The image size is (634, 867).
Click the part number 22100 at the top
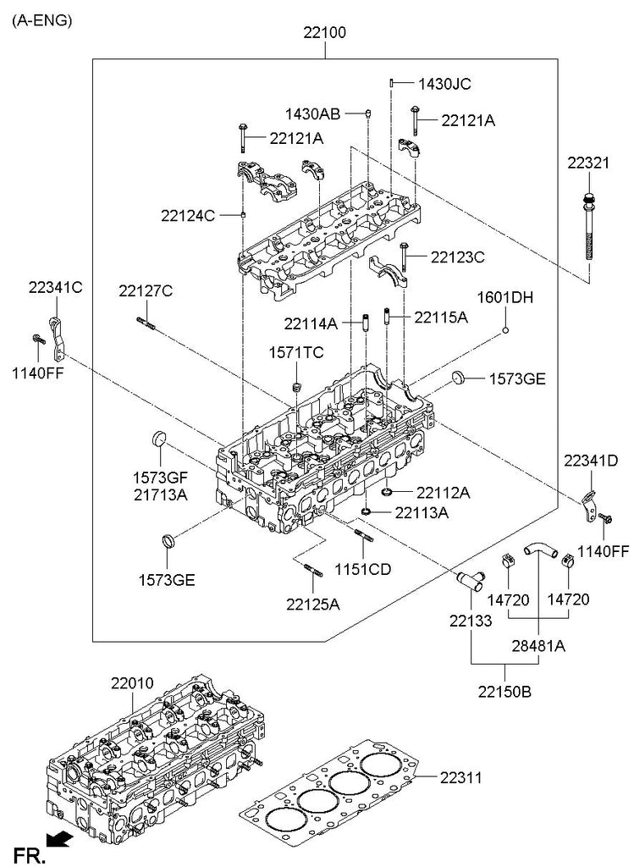325,35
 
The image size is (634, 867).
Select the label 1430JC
444,84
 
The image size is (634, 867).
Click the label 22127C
146,291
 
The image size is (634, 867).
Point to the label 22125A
312,604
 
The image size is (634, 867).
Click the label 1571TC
296,352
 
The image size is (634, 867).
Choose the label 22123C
457,257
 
